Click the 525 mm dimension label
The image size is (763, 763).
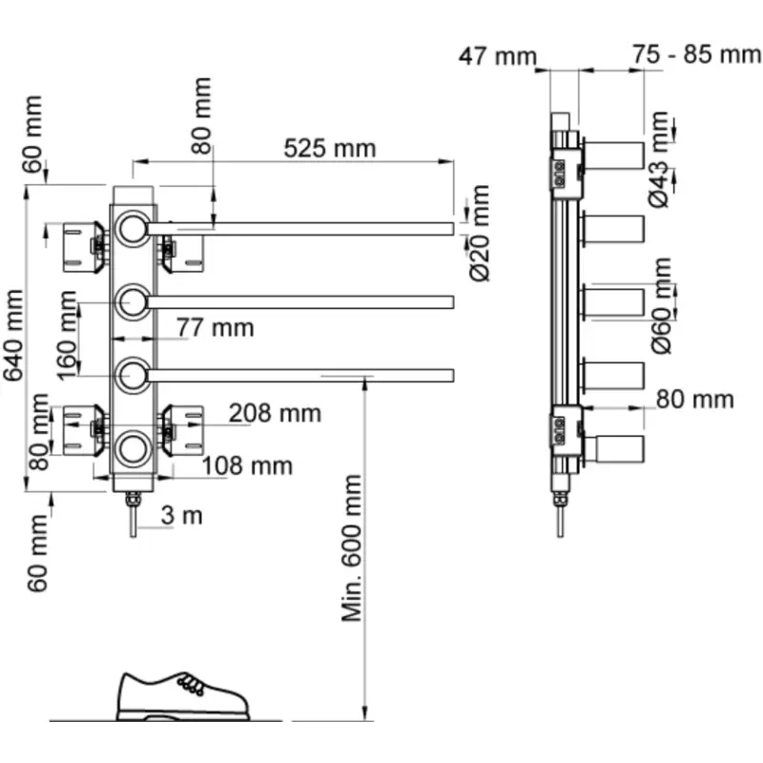(x=330, y=149)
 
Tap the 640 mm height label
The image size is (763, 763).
(x=12, y=336)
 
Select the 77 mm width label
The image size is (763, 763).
(x=216, y=327)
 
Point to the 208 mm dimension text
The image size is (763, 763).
(x=275, y=413)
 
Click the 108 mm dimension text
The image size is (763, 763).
(x=247, y=465)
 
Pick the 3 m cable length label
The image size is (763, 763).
(x=181, y=515)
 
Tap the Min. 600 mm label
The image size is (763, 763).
(x=351, y=547)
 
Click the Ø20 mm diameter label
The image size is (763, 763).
(x=480, y=233)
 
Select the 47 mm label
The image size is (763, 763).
(x=497, y=56)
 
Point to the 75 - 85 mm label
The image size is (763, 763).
(x=696, y=54)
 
